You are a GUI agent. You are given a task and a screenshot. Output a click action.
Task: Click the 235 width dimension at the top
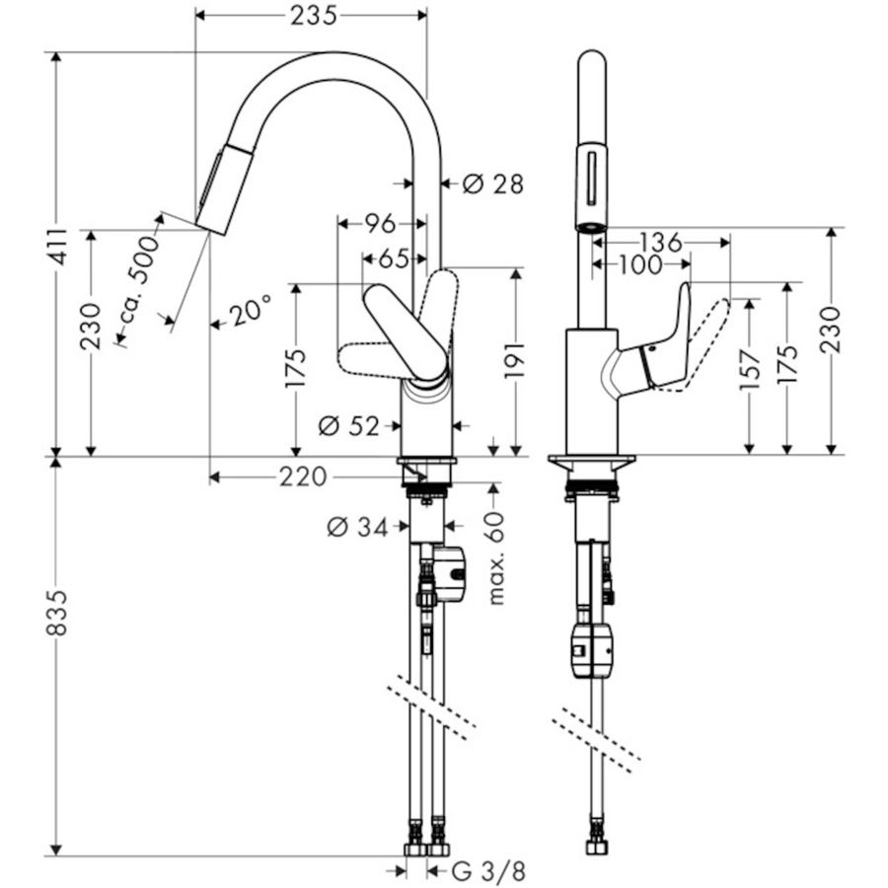point(313,15)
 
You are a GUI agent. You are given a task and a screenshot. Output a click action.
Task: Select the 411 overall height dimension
point(58,248)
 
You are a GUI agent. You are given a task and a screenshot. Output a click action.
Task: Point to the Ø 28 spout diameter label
point(492,184)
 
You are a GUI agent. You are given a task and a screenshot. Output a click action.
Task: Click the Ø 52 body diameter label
point(348,426)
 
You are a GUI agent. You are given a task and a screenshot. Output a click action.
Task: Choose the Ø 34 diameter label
point(357,528)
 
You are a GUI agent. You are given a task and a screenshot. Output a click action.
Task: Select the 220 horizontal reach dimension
point(303,477)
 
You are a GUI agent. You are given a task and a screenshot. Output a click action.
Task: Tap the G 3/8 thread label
point(488,871)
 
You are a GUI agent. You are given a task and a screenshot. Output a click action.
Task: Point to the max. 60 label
point(495,557)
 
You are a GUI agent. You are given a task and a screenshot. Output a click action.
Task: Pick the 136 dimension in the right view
point(661,243)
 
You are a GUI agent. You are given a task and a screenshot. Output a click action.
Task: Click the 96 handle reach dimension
point(380,224)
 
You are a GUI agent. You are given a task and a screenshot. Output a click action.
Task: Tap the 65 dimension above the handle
point(394,259)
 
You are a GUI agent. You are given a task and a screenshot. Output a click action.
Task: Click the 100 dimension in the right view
point(640,264)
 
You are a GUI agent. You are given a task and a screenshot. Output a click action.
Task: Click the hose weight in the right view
point(592,649)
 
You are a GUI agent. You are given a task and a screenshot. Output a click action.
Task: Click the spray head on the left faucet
point(224,189)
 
